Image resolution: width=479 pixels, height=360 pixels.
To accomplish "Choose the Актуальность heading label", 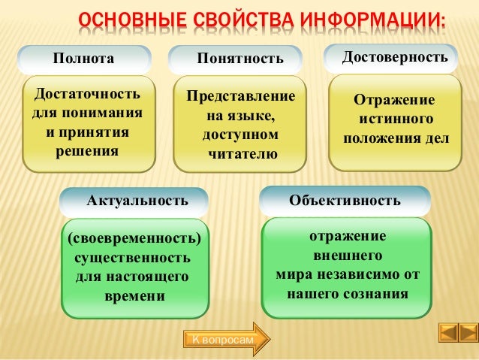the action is [x=137, y=201].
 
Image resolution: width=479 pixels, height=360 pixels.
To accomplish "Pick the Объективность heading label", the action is [x=345, y=201].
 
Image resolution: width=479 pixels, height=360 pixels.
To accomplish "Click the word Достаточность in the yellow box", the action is [x=84, y=97].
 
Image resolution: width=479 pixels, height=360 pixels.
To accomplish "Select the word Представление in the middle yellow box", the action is [x=241, y=98].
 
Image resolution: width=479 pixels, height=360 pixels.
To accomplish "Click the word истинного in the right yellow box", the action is [x=395, y=119].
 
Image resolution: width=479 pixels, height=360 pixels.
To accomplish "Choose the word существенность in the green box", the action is [x=132, y=259].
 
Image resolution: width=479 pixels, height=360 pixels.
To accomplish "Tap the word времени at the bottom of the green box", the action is [x=134, y=296].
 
